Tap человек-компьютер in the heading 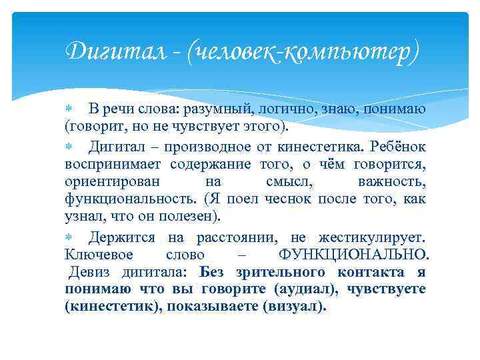click(304, 51)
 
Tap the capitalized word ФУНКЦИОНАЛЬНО click(353, 255)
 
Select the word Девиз click(92, 273)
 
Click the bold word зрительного click(291, 273)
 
